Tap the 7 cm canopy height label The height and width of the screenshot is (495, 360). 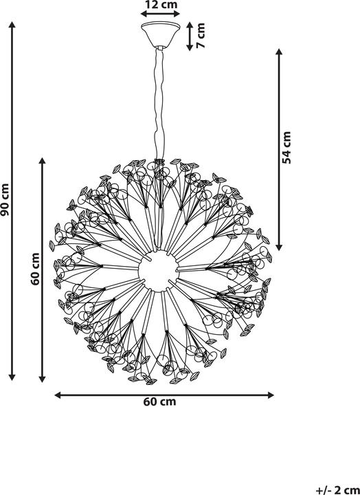[201, 35]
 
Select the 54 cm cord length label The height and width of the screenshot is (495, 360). [286, 148]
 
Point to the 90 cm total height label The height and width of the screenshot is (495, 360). [5, 200]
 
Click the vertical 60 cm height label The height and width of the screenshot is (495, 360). [35, 269]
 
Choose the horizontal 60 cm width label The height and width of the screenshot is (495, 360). [159, 402]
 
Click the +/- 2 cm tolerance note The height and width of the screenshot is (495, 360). [337, 490]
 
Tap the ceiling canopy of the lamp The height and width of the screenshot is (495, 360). [161, 35]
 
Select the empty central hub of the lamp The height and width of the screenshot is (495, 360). [159, 270]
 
